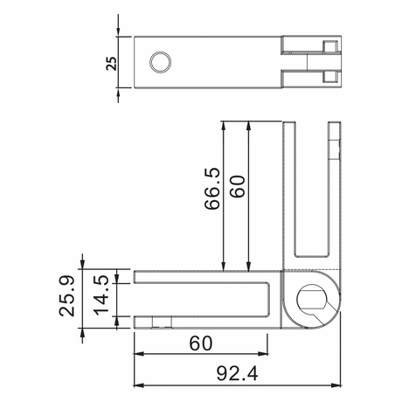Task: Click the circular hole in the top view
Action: [160, 61]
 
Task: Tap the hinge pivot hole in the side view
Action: [313, 299]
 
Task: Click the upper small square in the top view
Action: [329, 46]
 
